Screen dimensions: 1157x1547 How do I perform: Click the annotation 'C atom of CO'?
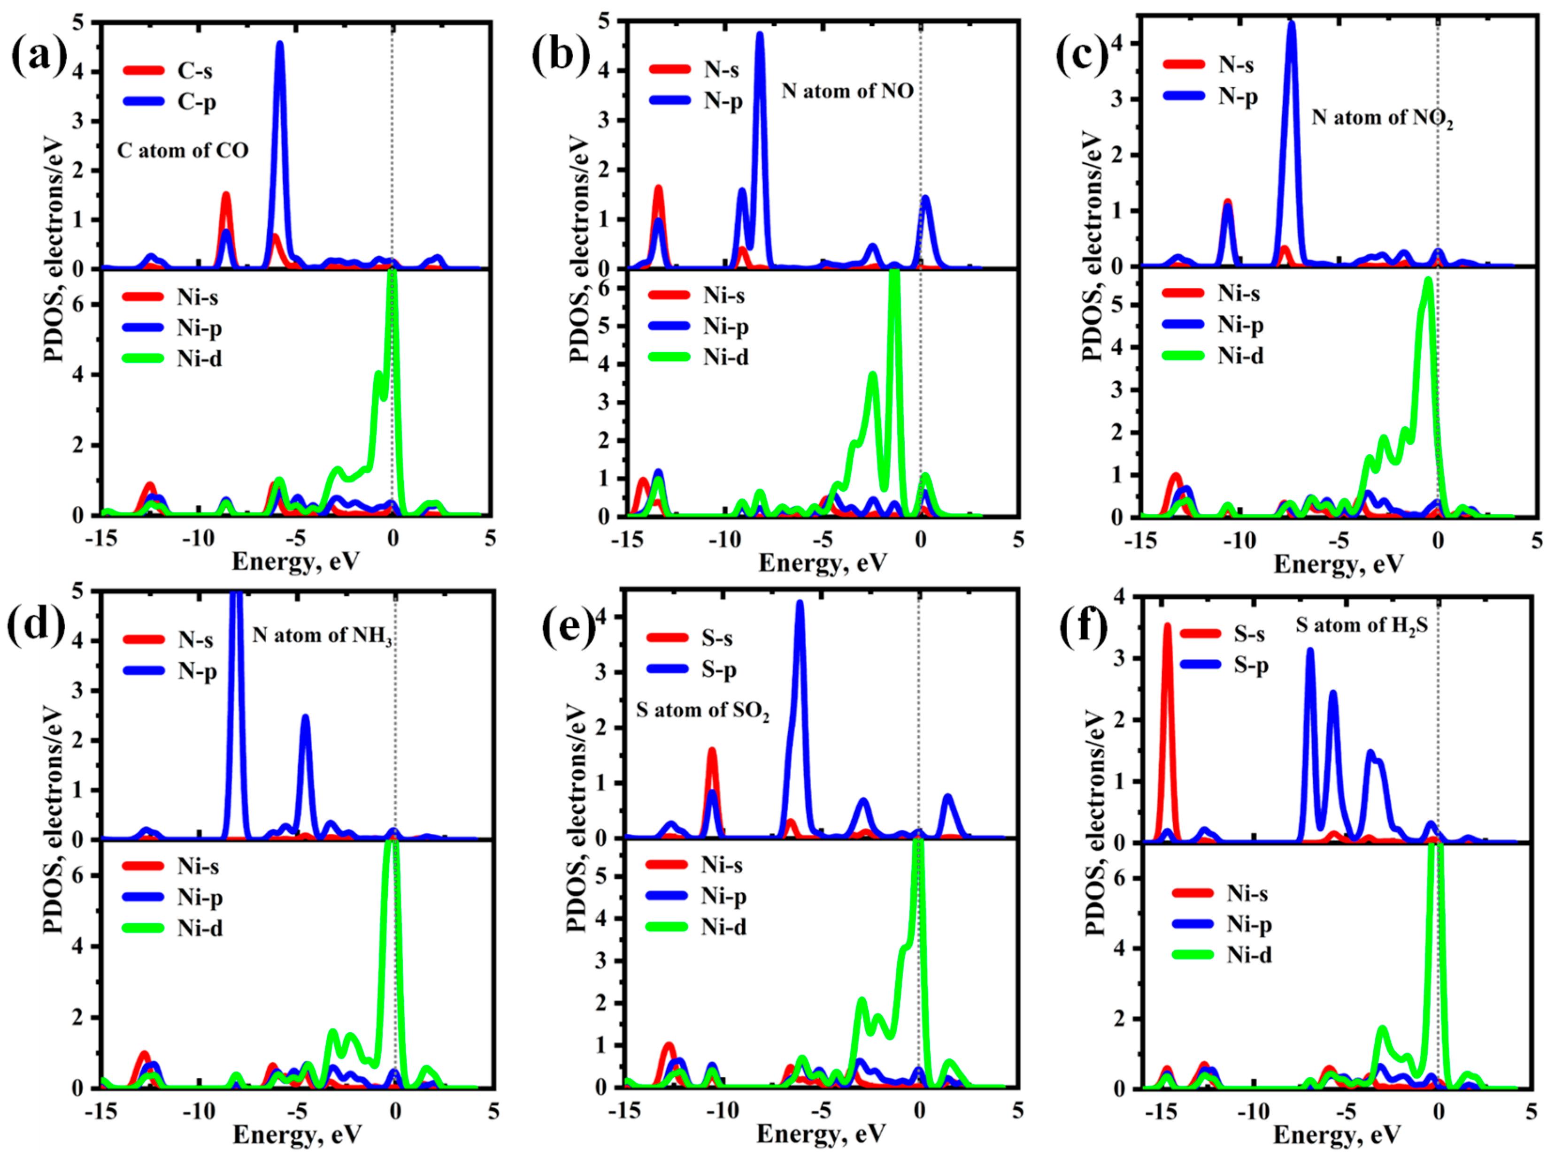[183, 151]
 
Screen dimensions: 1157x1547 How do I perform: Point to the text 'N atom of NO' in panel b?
[847, 91]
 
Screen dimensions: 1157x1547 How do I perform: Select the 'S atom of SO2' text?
[702, 710]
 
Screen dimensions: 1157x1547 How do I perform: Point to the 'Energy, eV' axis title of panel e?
[821, 1133]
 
